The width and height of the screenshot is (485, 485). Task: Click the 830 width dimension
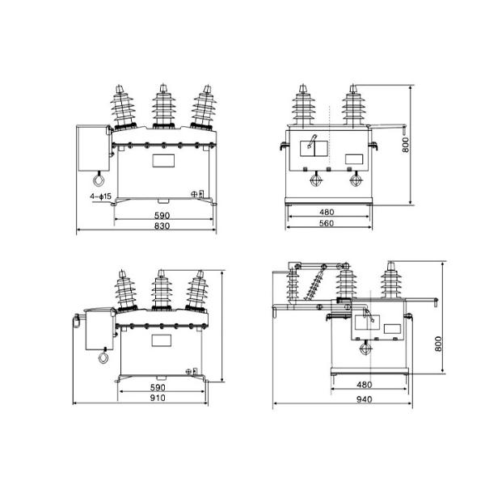click(162, 226)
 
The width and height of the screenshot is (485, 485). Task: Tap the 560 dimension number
click(327, 223)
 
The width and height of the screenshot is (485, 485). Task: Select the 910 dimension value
click(158, 398)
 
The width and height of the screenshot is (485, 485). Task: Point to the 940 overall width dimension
click(364, 399)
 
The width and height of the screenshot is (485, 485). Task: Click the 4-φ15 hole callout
click(100, 196)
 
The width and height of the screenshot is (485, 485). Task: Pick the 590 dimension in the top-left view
click(162, 215)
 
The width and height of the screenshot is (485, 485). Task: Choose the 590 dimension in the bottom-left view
click(158, 387)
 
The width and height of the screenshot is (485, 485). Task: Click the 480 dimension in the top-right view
click(327, 212)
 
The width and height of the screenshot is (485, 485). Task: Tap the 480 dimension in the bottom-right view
click(364, 385)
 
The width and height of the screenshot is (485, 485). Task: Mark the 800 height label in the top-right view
click(405, 145)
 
